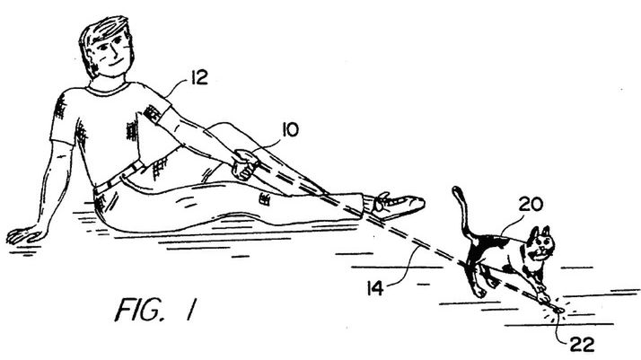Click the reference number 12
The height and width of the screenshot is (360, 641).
pyautogui.click(x=199, y=79)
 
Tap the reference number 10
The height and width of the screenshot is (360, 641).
pyautogui.click(x=290, y=131)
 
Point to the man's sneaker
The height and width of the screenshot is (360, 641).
pyautogui.click(x=399, y=204)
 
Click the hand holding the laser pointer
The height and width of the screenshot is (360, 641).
pyautogui.click(x=243, y=166)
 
